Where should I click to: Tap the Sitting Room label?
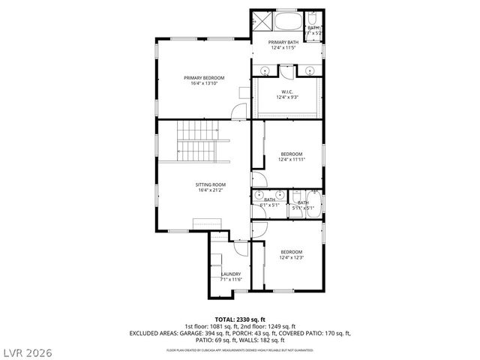[211, 184]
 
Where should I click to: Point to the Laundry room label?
[230, 274]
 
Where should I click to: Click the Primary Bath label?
[284, 42]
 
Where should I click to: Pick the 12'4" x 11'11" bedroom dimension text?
[291, 159]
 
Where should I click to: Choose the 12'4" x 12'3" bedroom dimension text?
[291, 257]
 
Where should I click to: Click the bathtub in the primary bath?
[289, 19]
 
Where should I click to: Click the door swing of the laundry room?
[240, 250]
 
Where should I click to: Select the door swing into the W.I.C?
[288, 72]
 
